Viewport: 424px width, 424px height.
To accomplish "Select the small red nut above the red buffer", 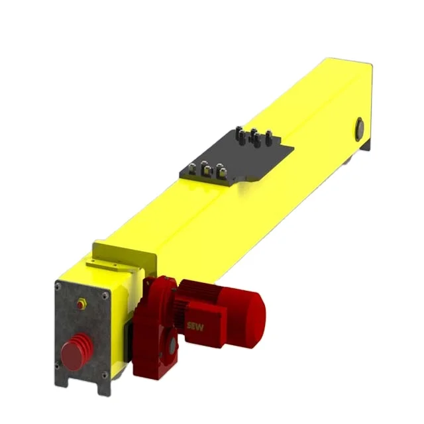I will click(x=82, y=303).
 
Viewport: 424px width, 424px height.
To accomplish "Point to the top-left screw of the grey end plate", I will click(x=58, y=286).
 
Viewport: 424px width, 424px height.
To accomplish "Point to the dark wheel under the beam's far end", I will click(x=363, y=147).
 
